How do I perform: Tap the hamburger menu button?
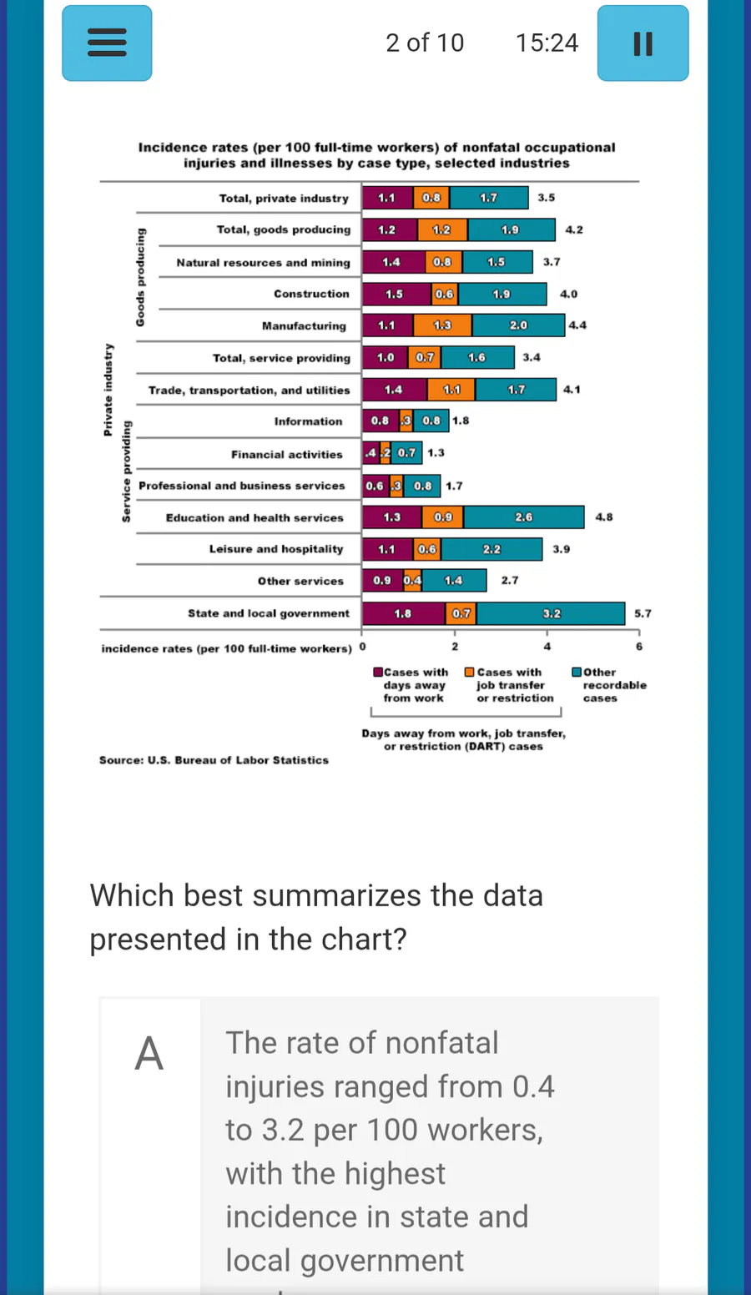coord(107,43)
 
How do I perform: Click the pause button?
coord(643,43)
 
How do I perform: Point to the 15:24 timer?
coord(547,43)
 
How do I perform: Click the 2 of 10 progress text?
coord(425,43)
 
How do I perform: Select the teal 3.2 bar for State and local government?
coord(551,613)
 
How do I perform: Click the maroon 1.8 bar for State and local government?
coord(403,613)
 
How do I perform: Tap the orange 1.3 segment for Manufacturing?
coord(442,325)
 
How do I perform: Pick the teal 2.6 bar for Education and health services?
coord(523,517)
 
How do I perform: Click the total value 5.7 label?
coord(643,613)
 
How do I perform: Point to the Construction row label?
coord(311,294)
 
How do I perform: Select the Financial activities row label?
coord(287,454)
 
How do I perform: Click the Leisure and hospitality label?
coord(276,549)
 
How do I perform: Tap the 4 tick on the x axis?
coord(547,647)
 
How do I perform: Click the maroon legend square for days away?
coord(378,672)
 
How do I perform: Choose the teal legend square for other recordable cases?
coord(577,672)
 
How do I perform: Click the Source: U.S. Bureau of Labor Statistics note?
coord(214,760)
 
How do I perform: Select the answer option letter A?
coord(149,1053)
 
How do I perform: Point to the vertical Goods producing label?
coord(140,277)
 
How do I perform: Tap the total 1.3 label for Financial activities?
coord(436,453)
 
